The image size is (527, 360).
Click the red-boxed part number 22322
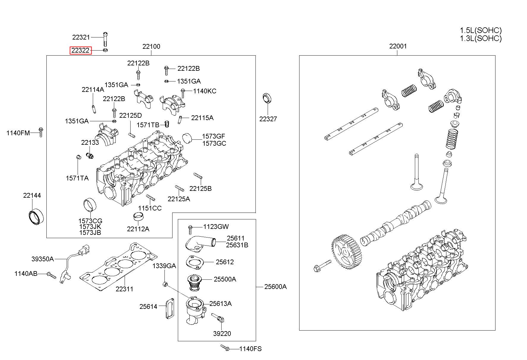coord(81,51)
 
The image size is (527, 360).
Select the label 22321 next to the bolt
coord(81,37)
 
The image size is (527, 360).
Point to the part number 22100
coord(151,46)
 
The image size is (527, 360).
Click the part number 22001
coord(398,46)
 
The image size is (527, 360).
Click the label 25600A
coord(275,287)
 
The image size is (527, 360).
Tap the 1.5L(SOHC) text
coord(481,31)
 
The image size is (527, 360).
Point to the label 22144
coord(32,196)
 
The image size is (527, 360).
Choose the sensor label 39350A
coord(43,259)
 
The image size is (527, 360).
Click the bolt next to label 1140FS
coord(225,348)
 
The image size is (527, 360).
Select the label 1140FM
coord(18,133)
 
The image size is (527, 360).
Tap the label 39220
coord(222,334)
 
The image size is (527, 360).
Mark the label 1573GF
coord(214,136)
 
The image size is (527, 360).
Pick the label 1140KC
coord(205,91)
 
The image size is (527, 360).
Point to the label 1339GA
coord(164,266)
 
